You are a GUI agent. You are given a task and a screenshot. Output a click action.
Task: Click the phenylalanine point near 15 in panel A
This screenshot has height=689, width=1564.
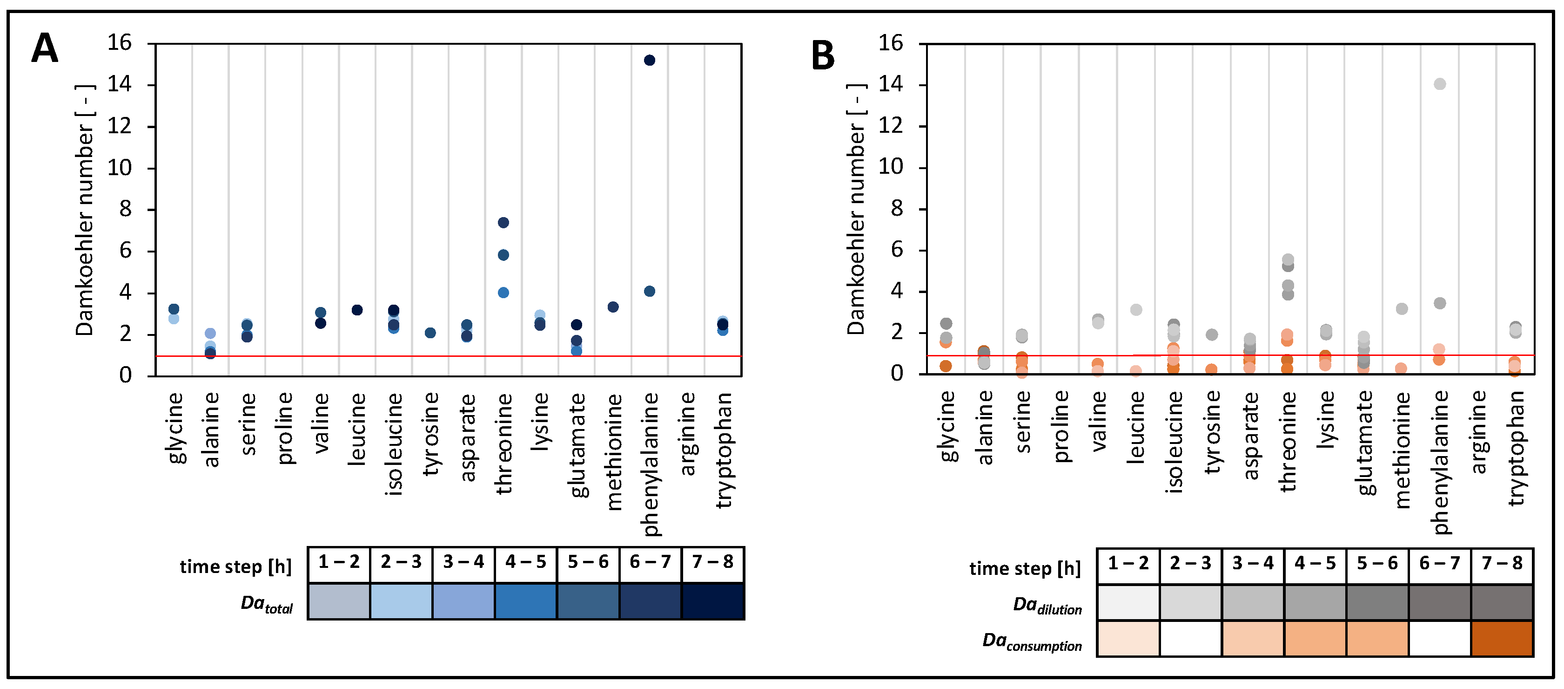click(x=649, y=60)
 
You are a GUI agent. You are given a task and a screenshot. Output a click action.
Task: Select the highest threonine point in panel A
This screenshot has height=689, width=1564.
click(x=503, y=222)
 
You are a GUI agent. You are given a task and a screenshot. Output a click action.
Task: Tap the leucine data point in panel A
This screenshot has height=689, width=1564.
click(x=357, y=310)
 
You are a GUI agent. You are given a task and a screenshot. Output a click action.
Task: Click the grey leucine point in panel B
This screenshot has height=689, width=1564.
click(x=1136, y=309)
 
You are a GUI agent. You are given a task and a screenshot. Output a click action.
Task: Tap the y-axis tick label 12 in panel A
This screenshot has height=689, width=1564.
click(x=119, y=126)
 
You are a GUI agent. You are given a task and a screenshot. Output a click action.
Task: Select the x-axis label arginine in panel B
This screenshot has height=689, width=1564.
click(x=1478, y=432)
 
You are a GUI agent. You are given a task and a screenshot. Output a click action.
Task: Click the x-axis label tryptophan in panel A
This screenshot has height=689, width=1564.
click(x=723, y=450)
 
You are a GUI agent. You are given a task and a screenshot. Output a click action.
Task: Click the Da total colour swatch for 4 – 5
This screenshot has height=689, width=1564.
click(x=526, y=601)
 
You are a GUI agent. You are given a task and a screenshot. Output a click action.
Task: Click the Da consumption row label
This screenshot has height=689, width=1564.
click(x=1032, y=641)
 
